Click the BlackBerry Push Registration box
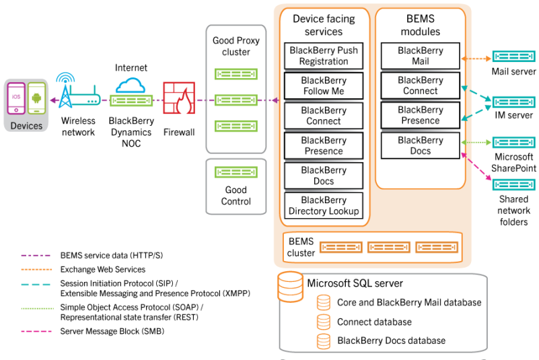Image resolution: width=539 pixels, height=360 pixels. [x=324, y=56]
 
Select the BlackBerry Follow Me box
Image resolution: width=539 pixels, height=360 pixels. [x=324, y=85]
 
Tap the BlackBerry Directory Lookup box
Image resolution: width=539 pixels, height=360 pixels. [x=324, y=205]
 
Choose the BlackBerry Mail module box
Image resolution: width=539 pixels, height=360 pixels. [x=420, y=56]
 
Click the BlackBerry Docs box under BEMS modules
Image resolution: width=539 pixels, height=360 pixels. [x=420, y=145]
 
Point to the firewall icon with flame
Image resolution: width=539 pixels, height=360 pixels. [x=179, y=98]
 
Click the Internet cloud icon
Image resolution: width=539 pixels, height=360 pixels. [x=131, y=85]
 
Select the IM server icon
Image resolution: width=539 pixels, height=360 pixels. [x=513, y=102]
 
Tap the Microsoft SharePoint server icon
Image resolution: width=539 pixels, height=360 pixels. [x=513, y=142]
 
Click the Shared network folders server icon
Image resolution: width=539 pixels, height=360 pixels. [x=513, y=184]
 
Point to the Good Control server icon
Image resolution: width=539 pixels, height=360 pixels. [x=236, y=172]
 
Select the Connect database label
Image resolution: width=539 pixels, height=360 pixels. [x=374, y=322]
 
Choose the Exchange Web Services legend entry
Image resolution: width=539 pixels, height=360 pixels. [x=102, y=269]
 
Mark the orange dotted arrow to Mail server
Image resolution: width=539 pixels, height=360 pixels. [x=476, y=59]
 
